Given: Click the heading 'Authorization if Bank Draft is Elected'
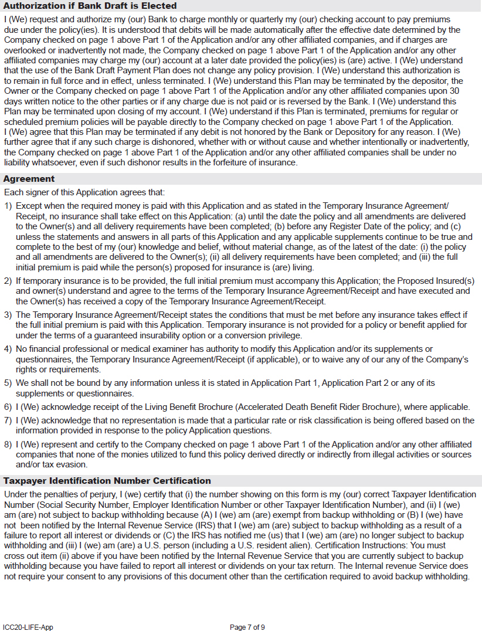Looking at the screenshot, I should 90,6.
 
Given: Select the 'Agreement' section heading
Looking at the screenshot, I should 29,179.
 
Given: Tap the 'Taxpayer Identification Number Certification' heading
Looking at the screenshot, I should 107,481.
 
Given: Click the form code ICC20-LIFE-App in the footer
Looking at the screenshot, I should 28,627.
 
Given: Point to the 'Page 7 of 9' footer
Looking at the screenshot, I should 247,627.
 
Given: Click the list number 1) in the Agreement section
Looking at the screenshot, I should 8,206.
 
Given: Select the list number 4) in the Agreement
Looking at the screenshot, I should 8,350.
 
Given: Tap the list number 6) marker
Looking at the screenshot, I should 8,407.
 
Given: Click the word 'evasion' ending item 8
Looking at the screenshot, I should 72,464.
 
